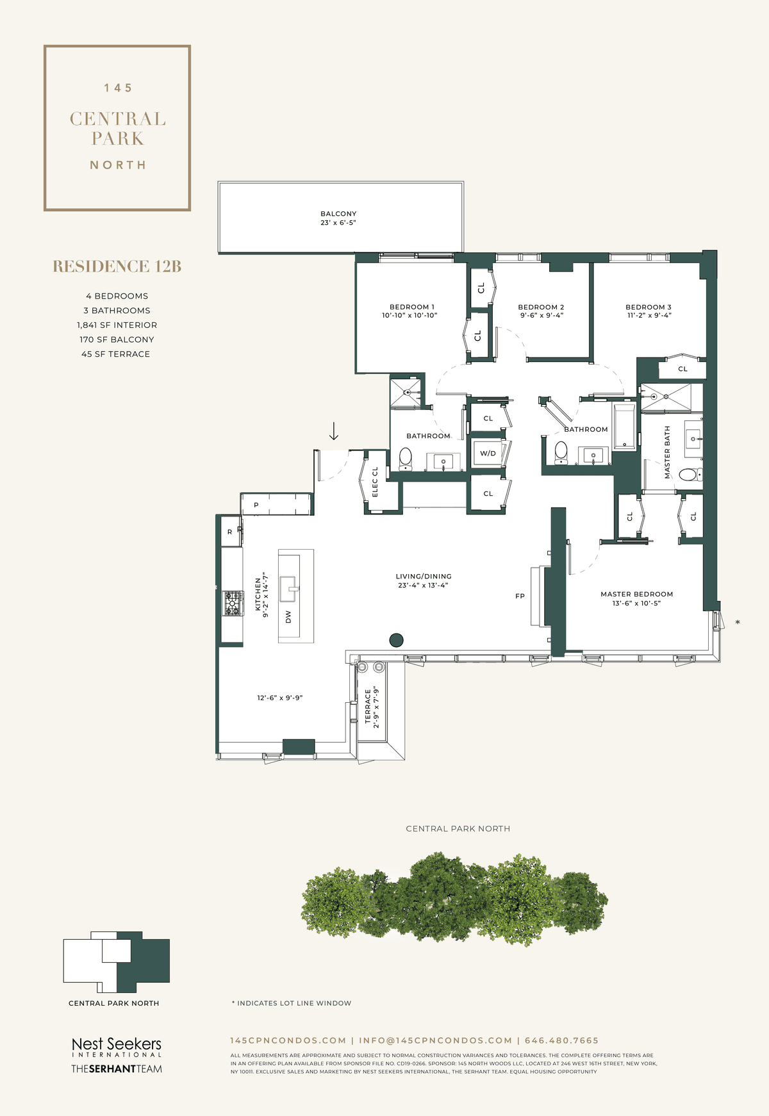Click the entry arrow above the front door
point(334,431)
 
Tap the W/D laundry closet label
point(488,453)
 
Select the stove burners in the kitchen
point(233,603)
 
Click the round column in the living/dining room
point(397,639)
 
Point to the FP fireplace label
point(520,596)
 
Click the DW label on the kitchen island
point(288,617)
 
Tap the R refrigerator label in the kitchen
point(230,532)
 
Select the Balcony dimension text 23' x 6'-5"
point(338,223)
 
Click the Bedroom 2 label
point(541,307)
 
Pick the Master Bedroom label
point(636,594)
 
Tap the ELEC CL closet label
point(375,481)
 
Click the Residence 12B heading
point(117,267)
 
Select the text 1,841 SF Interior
point(117,325)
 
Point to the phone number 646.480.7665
point(561,1040)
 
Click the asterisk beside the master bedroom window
point(738,622)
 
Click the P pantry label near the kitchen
point(256,505)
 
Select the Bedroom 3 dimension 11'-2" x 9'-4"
point(649,315)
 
